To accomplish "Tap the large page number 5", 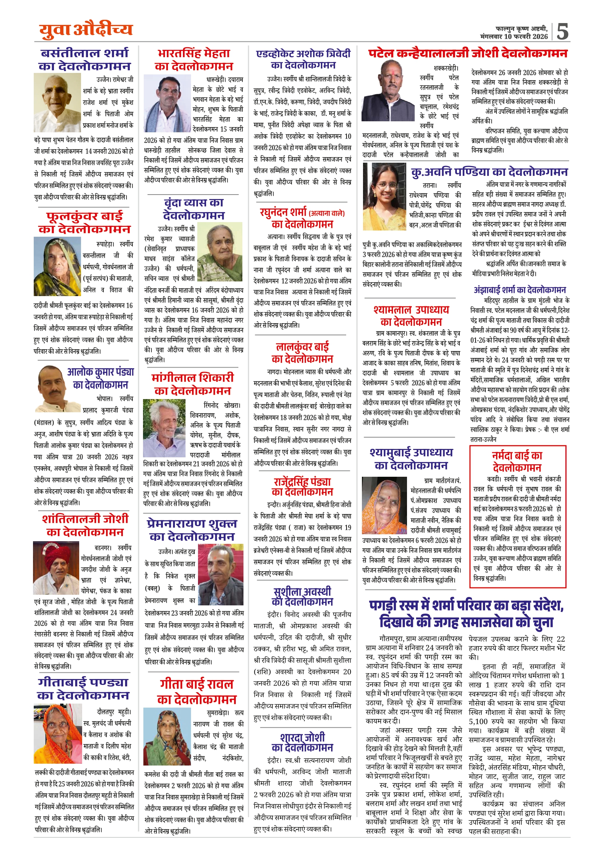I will click(x=562, y=32).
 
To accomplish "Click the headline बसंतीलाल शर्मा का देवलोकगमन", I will click(x=85, y=60).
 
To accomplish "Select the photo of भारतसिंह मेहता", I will click(x=167, y=103).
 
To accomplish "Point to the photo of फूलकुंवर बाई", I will click(x=57, y=266).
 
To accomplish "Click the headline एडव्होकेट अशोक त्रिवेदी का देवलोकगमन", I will click(x=303, y=60).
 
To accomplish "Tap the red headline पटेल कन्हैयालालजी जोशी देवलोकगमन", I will click(x=467, y=54).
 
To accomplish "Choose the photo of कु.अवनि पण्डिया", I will click(x=384, y=196).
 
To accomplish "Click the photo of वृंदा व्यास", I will click(x=220, y=252).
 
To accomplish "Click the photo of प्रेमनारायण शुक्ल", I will click(x=220, y=574).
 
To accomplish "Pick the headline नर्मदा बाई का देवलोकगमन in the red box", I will click(x=517, y=462).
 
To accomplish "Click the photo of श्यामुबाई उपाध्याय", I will click(x=384, y=505).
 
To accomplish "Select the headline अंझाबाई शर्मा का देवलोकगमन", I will click(x=520, y=289).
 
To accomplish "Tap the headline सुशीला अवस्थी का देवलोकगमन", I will click(x=302, y=597).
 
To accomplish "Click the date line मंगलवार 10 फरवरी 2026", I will click(x=514, y=37).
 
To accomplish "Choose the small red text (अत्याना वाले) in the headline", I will click(x=327, y=213).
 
